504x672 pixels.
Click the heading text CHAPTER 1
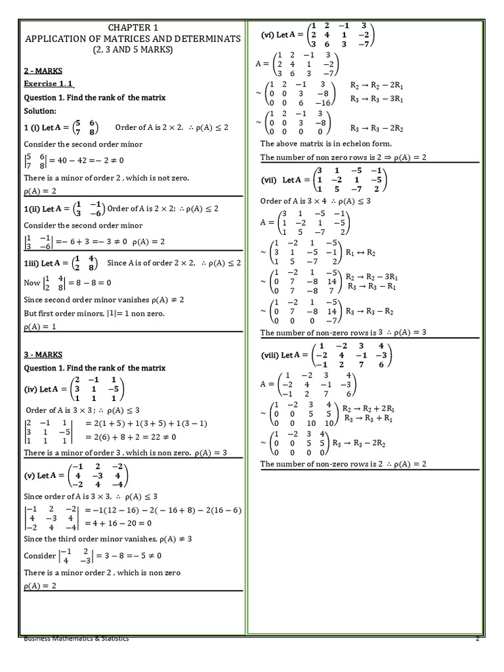pyautogui.click(x=133, y=27)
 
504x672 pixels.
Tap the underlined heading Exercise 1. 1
pyautogui.click(x=49, y=83)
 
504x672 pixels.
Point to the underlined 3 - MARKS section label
pyautogui.click(x=43, y=354)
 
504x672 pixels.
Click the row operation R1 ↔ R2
pyautogui.click(x=358, y=251)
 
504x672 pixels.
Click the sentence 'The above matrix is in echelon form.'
pyautogui.click(x=326, y=143)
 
